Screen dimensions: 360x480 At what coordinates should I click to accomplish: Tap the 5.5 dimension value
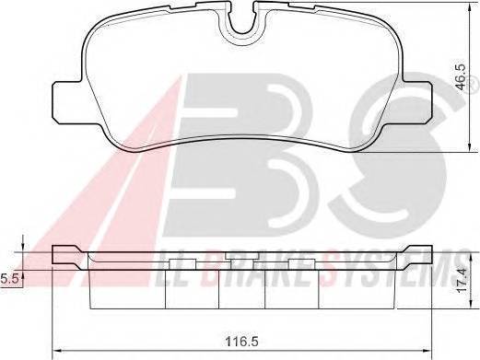[x=8, y=276]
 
